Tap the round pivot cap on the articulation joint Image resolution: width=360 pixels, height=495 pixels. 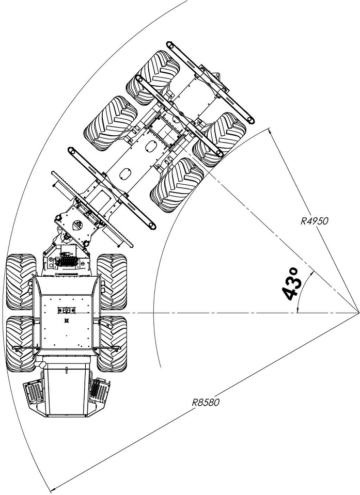79,225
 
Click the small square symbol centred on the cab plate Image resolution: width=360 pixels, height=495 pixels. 66,321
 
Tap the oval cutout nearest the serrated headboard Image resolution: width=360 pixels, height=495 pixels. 126,172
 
